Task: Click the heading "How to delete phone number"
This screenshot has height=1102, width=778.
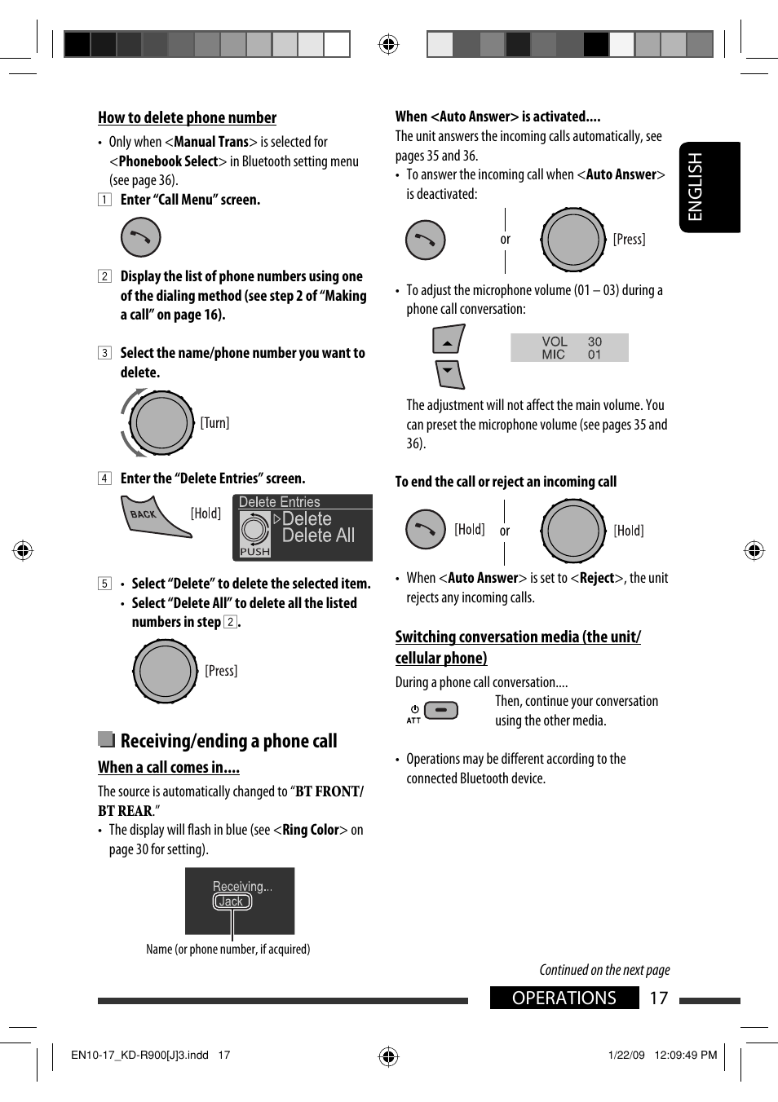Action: point(187,118)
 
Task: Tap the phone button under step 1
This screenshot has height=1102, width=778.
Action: point(140,238)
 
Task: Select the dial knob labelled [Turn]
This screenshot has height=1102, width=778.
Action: point(161,423)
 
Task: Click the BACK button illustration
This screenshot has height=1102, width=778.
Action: point(155,517)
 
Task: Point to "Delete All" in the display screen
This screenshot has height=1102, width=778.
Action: point(318,536)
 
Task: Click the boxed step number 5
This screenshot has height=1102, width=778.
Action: point(104,584)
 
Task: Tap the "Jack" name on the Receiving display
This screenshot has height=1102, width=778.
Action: point(232,901)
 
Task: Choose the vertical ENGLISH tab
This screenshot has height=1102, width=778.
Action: point(709,187)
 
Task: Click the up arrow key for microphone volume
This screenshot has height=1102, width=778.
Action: point(448,339)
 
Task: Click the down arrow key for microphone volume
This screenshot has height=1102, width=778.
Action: point(449,374)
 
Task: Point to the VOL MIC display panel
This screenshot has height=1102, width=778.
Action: point(569,348)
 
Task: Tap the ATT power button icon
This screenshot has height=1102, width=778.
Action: point(441,710)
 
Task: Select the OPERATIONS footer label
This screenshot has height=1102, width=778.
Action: point(564,998)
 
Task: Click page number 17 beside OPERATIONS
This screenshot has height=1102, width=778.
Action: point(659,998)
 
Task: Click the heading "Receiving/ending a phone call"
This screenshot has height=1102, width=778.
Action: point(228,741)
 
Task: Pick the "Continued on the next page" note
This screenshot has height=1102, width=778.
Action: point(604,970)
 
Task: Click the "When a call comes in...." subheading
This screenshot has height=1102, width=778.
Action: point(168,768)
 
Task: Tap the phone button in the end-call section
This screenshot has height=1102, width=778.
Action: point(425,530)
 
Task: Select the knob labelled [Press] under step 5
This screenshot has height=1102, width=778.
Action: point(166,671)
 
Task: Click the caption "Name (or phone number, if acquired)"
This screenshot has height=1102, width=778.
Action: point(228,950)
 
